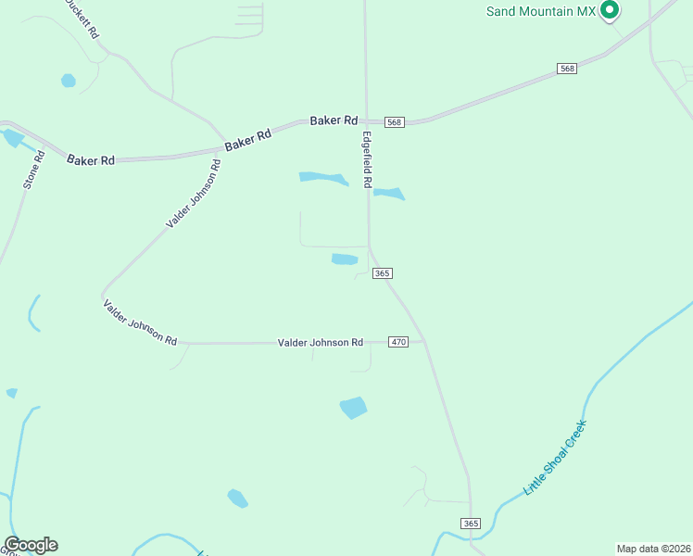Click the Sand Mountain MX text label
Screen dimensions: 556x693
(541, 11)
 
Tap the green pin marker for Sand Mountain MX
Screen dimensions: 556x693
(610, 10)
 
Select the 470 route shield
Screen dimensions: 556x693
(398, 342)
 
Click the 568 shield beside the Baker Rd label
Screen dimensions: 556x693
(395, 122)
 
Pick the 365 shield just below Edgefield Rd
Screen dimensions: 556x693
(383, 273)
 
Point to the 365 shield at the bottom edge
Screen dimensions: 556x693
(471, 524)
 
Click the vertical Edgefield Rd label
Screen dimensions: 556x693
(367, 159)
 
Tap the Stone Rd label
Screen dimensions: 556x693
(29, 171)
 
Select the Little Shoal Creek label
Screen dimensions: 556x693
(556, 457)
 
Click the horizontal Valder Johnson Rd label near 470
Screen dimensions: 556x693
(321, 343)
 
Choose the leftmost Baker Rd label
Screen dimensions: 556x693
(91, 160)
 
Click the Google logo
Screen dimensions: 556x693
(31, 545)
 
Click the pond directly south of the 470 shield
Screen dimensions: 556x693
(353, 407)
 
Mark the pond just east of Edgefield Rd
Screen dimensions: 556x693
(389, 194)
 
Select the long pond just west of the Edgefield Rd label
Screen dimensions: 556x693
(322, 177)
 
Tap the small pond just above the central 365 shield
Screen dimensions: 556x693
(345, 259)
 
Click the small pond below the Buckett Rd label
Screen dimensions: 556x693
(68, 81)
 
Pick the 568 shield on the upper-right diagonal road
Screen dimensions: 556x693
(568, 69)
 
